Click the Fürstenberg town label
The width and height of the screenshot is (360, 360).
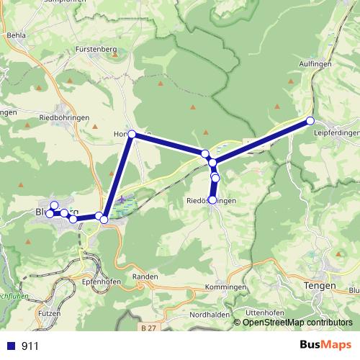[x=96, y=49]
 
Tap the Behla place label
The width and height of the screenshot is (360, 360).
[x=14, y=34]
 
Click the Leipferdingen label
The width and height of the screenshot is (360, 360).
[x=336, y=133]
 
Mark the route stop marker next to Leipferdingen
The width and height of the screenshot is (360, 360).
[x=310, y=120]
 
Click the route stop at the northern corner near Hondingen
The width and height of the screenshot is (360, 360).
[x=131, y=134]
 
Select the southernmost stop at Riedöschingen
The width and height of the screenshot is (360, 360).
[x=212, y=199]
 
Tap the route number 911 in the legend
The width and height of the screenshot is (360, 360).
[x=30, y=346]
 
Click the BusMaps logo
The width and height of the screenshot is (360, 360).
[x=325, y=346]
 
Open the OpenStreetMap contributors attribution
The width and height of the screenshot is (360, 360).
[x=297, y=322]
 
